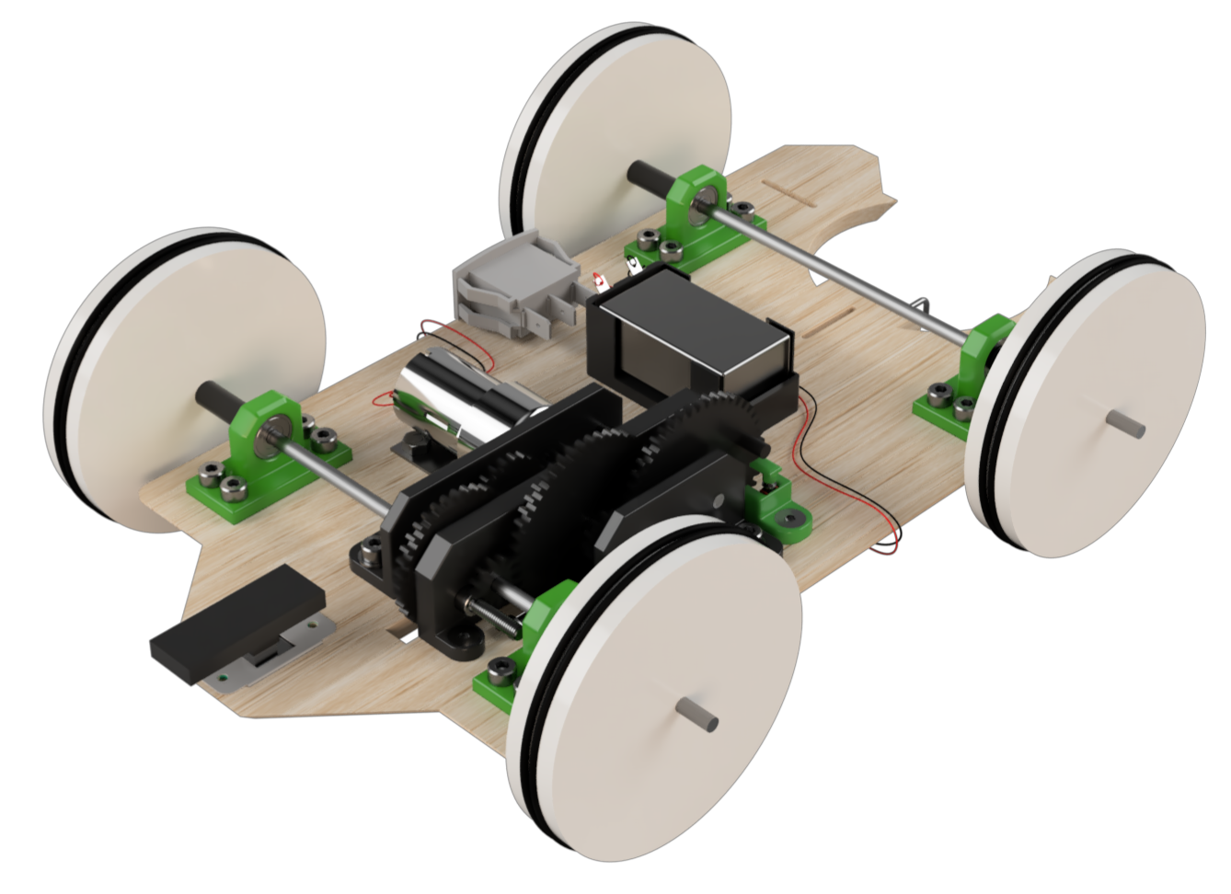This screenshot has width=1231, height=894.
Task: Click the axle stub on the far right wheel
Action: coord(1126,423)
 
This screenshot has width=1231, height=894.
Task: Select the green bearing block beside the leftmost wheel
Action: coord(267,451)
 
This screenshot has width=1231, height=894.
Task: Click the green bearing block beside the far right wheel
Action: coord(966,377)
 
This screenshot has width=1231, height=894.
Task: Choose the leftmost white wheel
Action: coord(184,377)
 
